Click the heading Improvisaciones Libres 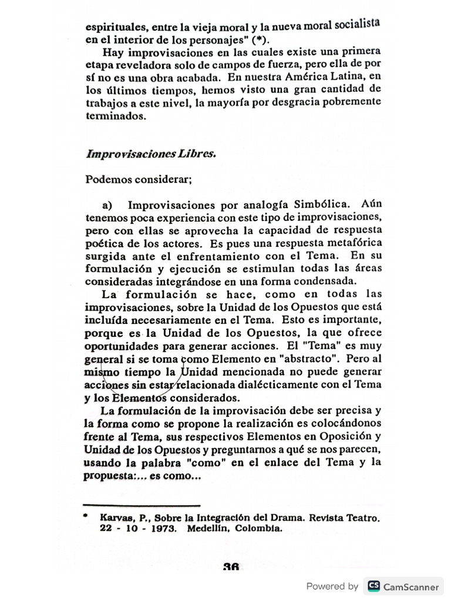tap(151, 154)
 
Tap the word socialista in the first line tap(358, 24)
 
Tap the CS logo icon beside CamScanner tap(372, 586)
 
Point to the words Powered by tap(332, 586)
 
